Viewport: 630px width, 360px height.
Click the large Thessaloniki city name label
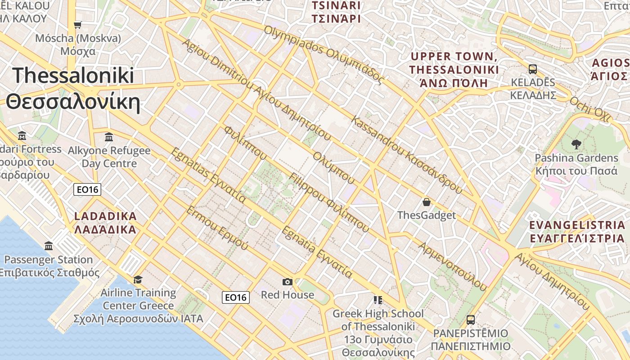(x=73, y=89)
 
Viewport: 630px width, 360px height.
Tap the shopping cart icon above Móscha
(x=78, y=25)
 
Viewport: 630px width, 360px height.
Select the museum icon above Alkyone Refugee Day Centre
(x=109, y=136)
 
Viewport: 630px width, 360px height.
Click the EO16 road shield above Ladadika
(x=87, y=189)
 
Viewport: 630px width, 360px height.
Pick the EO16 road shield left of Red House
(x=236, y=297)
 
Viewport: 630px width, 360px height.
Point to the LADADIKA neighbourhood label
(x=105, y=223)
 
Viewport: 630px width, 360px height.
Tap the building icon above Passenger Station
(x=49, y=246)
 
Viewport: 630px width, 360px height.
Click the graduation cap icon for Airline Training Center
(x=138, y=279)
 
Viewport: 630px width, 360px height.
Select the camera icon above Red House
(x=288, y=282)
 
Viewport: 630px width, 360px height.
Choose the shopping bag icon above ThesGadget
(x=426, y=202)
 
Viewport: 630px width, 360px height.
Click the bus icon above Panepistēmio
(x=470, y=320)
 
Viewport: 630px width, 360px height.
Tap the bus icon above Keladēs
(x=533, y=69)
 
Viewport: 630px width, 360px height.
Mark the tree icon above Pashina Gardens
(x=576, y=144)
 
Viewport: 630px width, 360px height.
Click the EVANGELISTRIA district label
(x=577, y=231)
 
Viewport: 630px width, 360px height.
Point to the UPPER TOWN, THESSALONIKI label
(x=454, y=69)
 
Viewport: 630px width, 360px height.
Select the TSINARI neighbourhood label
(x=337, y=12)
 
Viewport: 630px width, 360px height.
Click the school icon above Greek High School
(x=378, y=300)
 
